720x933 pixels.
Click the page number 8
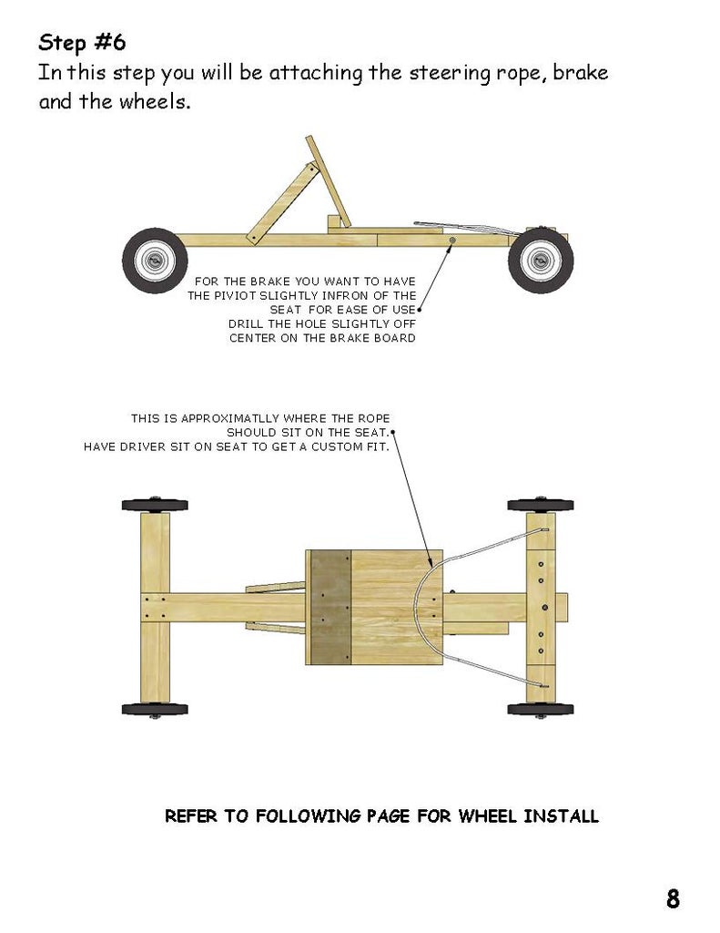pyautogui.click(x=673, y=899)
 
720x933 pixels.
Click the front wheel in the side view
pyautogui.click(x=539, y=261)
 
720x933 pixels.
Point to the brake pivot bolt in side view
pyautogui.click(x=453, y=241)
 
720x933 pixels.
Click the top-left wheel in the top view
pyautogui.click(x=155, y=505)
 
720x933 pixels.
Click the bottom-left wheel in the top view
pyautogui.click(x=155, y=709)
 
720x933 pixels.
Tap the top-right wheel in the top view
pyautogui.click(x=540, y=505)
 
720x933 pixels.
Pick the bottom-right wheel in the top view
pyautogui.click(x=540, y=709)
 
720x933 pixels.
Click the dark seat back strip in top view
pyautogui.click(x=330, y=607)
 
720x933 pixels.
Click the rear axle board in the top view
pyautogui.click(x=155, y=607)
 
